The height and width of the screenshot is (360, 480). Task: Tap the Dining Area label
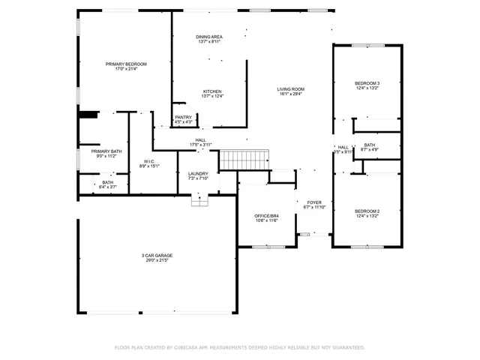(208, 37)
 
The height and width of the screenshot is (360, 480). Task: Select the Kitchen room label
(212, 91)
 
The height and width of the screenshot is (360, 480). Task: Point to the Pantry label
(183, 117)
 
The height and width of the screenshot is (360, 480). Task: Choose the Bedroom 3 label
(367, 82)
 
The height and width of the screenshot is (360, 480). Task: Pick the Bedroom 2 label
(367, 211)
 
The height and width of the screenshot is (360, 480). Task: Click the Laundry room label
(198, 173)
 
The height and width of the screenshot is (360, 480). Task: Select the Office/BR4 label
(267, 216)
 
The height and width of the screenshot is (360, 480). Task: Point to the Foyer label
(313, 202)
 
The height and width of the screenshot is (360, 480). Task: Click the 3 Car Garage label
(157, 256)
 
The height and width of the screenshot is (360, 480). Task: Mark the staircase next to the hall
(244, 159)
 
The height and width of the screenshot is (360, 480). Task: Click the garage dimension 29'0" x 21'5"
(157, 261)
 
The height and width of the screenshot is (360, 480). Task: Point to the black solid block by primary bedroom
(88, 115)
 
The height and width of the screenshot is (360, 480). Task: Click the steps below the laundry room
(199, 200)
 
